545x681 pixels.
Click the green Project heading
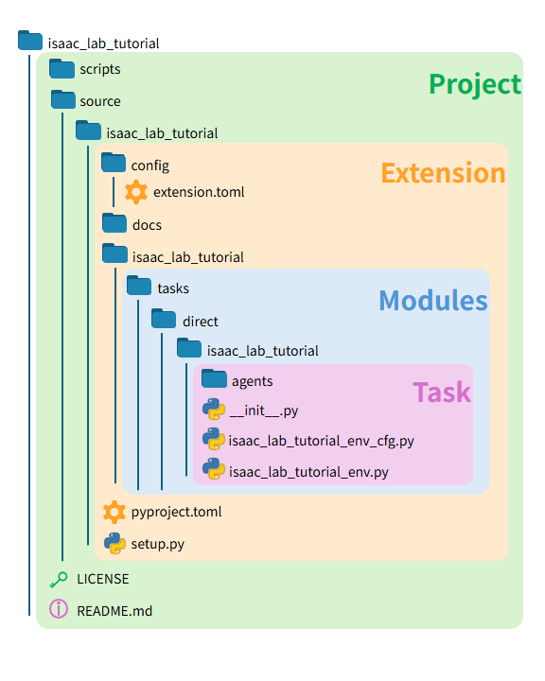(x=474, y=84)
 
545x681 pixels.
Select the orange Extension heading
(x=443, y=173)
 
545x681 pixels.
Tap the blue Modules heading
(x=432, y=301)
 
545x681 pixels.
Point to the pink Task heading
(x=441, y=392)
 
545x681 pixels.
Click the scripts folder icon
(x=62, y=69)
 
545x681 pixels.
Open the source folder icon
(x=62, y=100)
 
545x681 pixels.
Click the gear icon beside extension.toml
(x=136, y=192)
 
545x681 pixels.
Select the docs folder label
(x=147, y=225)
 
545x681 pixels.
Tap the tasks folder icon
(x=139, y=287)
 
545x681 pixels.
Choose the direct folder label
(x=201, y=322)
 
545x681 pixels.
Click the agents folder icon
(x=214, y=380)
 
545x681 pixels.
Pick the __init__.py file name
(x=264, y=410)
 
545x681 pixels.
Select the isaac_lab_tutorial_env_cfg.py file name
(x=321, y=441)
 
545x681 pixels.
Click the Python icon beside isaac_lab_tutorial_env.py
(x=214, y=470)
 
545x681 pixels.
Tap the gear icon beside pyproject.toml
(x=114, y=512)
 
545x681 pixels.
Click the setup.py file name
(x=158, y=544)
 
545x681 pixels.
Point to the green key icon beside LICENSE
(x=59, y=579)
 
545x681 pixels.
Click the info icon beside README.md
(x=59, y=610)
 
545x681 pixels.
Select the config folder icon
(x=114, y=165)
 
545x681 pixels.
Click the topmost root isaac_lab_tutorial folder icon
(x=30, y=42)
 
